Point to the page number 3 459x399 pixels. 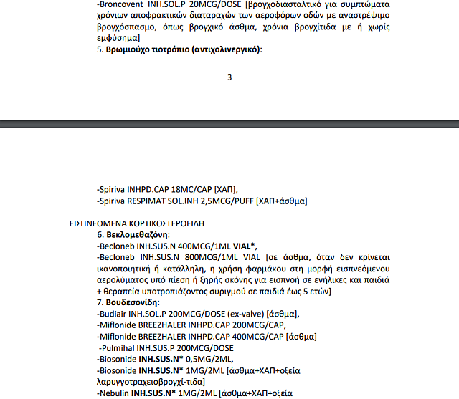(x=229, y=77)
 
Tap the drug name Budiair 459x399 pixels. (x=115, y=314)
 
